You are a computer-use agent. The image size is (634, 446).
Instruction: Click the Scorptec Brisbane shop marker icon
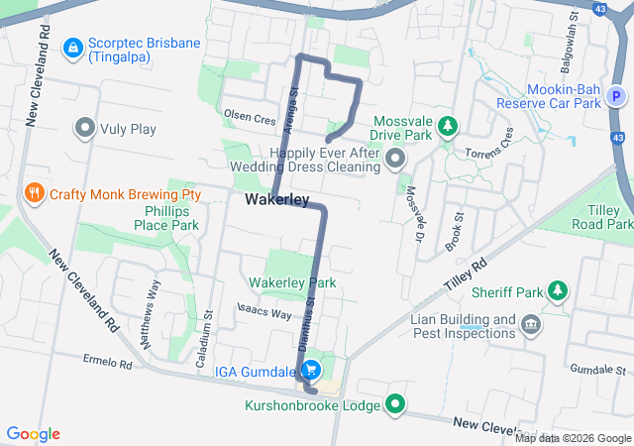click(72, 47)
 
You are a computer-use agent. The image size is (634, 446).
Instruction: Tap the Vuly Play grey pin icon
click(84, 127)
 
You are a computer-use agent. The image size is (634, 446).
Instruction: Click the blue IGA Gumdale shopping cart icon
click(312, 370)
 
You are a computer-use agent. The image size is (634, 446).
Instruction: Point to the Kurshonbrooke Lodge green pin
click(396, 403)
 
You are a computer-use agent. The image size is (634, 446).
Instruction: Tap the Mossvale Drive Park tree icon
click(448, 126)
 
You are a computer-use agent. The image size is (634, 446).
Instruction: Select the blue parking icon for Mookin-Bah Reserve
click(617, 96)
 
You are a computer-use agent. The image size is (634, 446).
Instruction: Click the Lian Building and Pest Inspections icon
click(531, 323)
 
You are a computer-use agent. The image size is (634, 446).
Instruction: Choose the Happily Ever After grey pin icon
click(395, 159)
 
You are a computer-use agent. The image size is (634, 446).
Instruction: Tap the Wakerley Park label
click(292, 282)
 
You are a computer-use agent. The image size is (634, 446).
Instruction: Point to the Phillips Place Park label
click(166, 217)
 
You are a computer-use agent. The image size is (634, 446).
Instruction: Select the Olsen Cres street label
click(250, 117)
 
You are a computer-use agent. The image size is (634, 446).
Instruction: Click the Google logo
click(34, 434)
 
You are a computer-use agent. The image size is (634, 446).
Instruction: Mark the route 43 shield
click(597, 9)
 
